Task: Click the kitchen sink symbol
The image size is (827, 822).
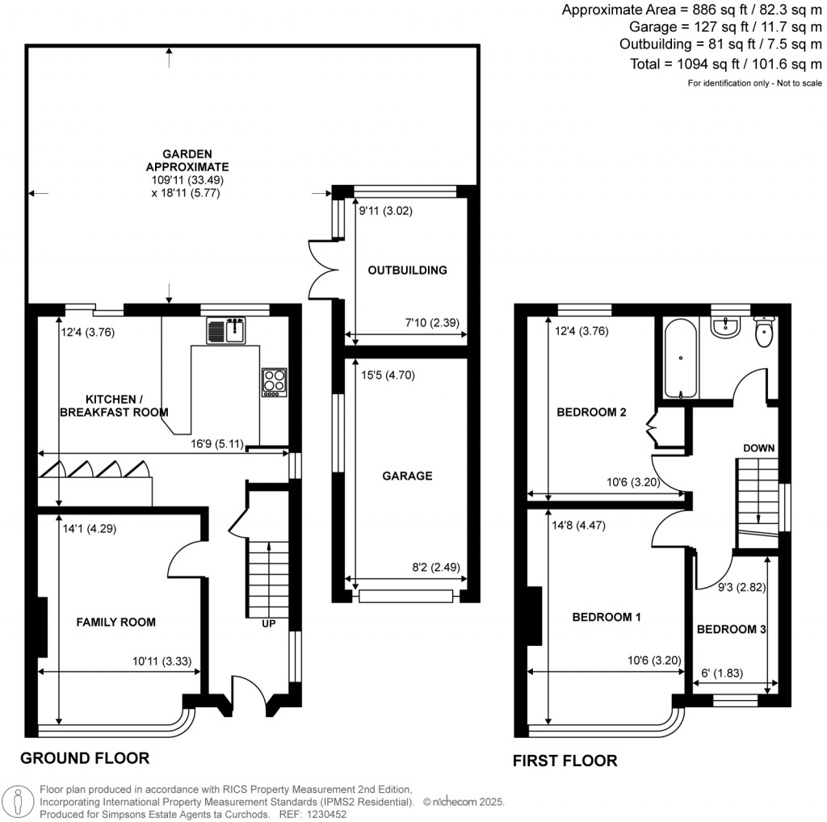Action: [x=226, y=330]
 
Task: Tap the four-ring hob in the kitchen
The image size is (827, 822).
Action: [x=274, y=381]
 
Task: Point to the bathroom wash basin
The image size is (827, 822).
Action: [x=727, y=327]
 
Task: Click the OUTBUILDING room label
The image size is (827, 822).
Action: [x=407, y=270]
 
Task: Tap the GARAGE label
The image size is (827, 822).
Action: [x=407, y=476]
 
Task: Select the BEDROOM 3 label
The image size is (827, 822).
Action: [x=731, y=629]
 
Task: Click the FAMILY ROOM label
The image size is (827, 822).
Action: [x=115, y=622]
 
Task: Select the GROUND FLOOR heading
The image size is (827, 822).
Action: [x=85, y=757]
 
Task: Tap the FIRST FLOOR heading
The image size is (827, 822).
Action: [x=565, y=760]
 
